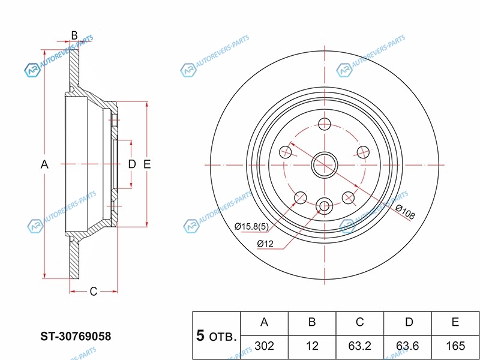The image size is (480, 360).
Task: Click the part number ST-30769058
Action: click(x=76, y=337)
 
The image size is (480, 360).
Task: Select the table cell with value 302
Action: click(x=264, y=345)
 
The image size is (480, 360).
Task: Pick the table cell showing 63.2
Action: click(x=359, y=345)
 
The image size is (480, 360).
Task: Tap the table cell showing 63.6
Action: click(x=408, y=345)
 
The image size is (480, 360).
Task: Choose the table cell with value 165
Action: click(x=456, y=345)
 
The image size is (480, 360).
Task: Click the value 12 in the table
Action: click(x=312, y=345)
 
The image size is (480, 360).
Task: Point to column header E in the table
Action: click(x=456, y=322)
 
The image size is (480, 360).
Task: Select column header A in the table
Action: click(x=264, y=322)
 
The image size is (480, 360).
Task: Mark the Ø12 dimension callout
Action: click(x=265, y=244)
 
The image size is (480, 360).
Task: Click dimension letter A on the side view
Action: click(x=44, y=164)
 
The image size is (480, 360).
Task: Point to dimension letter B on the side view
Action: click(x=74, y=35)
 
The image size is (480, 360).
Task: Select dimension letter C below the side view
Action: click(x=93, y=292)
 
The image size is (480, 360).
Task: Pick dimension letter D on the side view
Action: click(x=132, y=164)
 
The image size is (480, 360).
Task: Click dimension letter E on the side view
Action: click(x=147, y=164)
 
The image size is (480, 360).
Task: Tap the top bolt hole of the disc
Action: click(x=325, y=125)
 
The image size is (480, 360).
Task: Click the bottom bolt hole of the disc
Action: click(x=325, y=206)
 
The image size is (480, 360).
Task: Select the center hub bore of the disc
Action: click(x=325, y=164)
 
